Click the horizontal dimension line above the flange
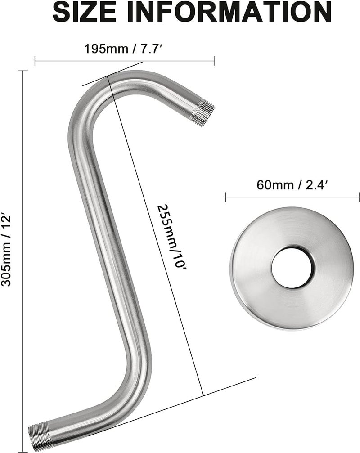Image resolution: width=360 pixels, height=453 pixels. tap(292, 196)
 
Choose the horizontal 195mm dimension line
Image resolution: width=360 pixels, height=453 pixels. tap(125, 58)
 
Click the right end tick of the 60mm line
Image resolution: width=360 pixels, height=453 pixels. tap(359, 196)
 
